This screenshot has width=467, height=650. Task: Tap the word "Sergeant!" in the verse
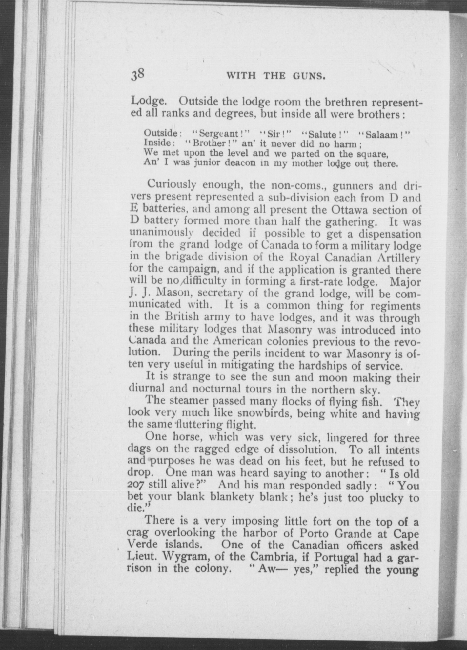[x=220, y=134]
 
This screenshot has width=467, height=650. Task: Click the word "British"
[x=182, y=317]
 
